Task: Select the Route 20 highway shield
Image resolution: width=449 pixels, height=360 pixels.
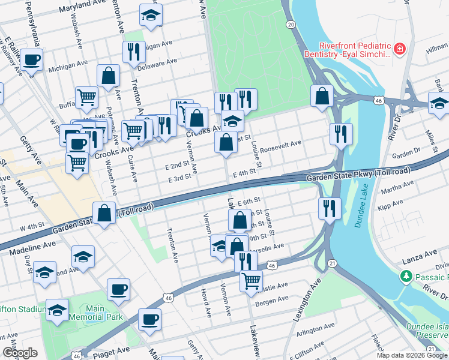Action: [291, 25]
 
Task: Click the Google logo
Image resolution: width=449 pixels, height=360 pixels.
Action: [20, 353]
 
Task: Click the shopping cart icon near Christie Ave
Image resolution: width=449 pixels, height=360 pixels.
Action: [251, 280]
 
